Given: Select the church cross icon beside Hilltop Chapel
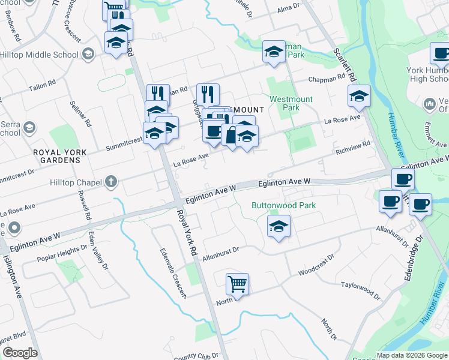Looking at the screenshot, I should pyautogui.click(x=110, y=181).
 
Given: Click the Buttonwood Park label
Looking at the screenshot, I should pyautogui.click(x=283, y=205).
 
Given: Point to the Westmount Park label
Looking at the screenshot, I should pyautogui.click(x=285, y=103).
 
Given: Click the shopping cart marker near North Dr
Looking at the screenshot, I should pyautogui.click(x=237, y=284).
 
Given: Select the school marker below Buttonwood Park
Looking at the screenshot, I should pyautogui.click(x=277, y=227).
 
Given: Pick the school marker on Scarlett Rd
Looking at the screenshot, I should pyautogui.click(x=359, y=96).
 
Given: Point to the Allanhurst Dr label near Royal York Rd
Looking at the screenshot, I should pyautogui.click(x=221, y=253).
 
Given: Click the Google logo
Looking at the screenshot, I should pyautogui.click(x=20, y=353).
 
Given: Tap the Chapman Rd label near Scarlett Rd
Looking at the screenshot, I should pyautogui.click(x=328, y=79).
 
